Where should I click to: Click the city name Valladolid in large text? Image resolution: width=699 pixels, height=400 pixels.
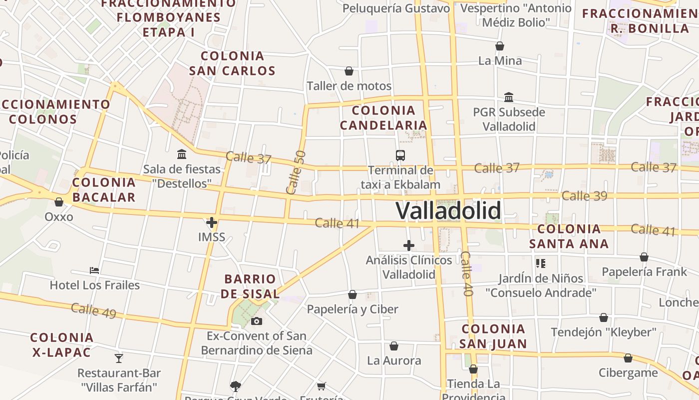(448, 210)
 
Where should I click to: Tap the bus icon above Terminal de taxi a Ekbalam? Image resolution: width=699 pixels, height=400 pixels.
(400, 155)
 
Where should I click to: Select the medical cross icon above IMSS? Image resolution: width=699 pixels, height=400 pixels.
(212, 222)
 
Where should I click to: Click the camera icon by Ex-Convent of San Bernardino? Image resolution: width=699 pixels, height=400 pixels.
(257, 321)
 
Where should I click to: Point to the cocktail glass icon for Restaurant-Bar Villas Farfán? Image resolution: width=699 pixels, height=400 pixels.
(119, 358)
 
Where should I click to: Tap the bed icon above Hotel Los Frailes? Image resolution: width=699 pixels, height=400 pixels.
(94, 270)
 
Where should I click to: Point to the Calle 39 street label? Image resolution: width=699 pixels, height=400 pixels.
(584, 195)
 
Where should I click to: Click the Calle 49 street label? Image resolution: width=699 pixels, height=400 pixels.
(93, 310)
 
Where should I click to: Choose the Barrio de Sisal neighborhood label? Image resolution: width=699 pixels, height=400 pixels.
(250, 286)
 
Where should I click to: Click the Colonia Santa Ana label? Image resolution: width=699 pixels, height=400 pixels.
(569, 236)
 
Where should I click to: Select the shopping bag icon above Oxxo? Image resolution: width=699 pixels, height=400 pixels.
(59, 202)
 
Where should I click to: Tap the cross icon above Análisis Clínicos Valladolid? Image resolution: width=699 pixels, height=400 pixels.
(408, 245)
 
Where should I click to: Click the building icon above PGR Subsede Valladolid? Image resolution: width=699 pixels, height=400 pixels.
(509, 97)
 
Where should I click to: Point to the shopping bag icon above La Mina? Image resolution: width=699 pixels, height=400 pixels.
(500, 46)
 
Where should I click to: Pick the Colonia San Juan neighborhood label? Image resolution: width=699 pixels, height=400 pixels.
(493, 336)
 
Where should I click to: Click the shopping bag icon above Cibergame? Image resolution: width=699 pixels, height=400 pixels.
(628, 358)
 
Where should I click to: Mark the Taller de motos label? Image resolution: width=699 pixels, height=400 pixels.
(349, 86)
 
